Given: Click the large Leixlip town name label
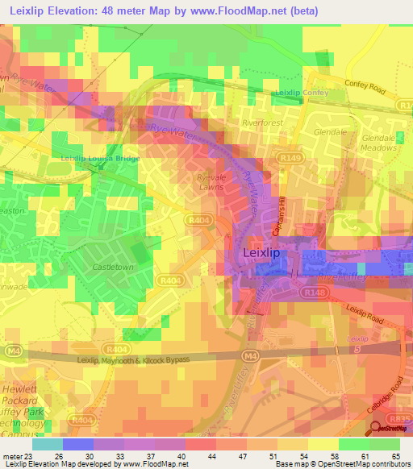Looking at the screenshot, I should (x=261, y=253).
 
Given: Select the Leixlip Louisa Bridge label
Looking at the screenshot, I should (x=100, y=159).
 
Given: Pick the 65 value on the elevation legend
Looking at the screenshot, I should (x=395, y=454).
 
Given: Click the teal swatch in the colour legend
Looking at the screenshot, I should (x=47, y=444).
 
